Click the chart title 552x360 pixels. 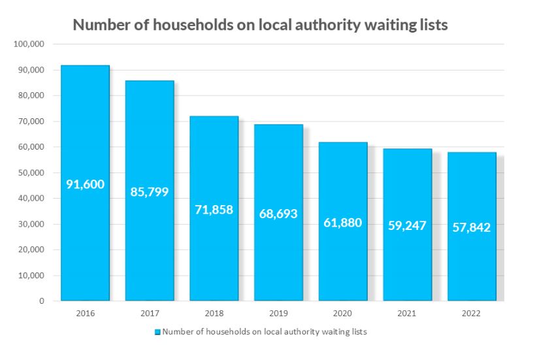coord(260,25)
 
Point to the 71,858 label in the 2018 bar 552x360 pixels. coord(214,210)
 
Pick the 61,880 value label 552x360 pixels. coord(342,222)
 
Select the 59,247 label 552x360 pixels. coord(407,225)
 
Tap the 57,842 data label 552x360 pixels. coord(471,227)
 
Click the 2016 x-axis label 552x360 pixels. coord(85,314)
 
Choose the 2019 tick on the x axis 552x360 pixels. coord(278,314)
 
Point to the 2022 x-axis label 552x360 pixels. coord(471,314)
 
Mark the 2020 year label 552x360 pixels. coord(342,314)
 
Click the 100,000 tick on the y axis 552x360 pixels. coord(28,44)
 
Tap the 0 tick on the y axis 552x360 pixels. coord(41,301)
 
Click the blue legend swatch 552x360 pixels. coord(157,333)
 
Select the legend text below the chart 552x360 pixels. coord(265,332)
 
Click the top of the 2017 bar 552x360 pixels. coord(150,82)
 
